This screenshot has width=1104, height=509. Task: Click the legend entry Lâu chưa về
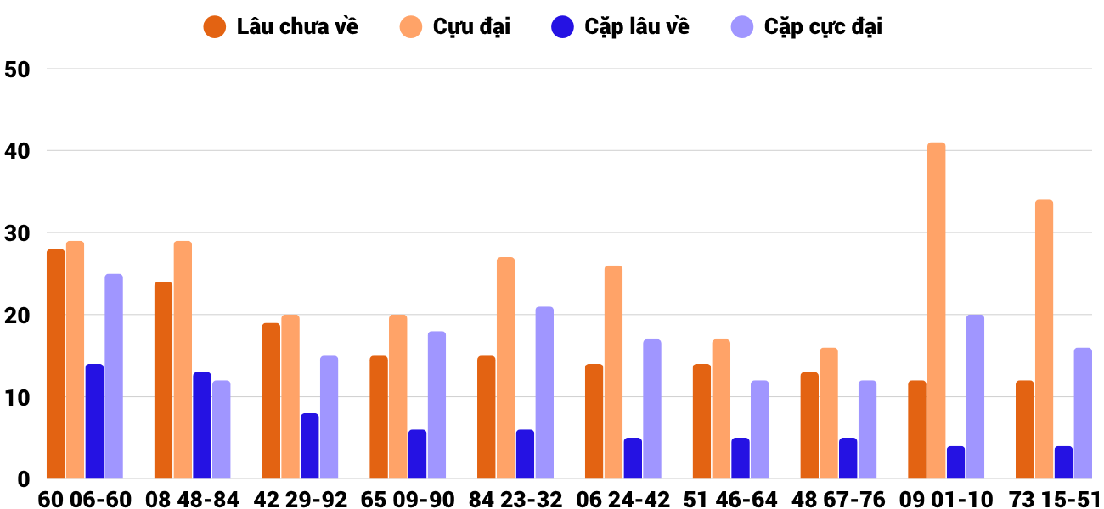[x=280, y=26]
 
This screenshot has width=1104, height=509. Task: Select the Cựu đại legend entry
[x=455, y=26]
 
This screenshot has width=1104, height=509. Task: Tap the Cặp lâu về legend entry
[x=620, y=26]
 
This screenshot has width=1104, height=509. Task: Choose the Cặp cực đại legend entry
[x=806, y=26]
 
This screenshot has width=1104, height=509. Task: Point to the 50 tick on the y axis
[x=17, y=70]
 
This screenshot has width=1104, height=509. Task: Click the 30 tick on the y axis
[x=17, y=233]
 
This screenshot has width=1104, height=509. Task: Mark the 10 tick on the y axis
[x=17, y=398]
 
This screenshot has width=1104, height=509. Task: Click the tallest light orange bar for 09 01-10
[x=937, y=310]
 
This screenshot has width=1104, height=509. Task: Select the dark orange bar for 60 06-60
[x=56, y=364]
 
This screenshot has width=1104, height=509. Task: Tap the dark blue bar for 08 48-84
[x=202, y=425]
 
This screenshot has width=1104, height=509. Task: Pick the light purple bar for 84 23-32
[x=544, y=393]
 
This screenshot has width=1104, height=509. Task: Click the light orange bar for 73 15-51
[x=1045, y=339]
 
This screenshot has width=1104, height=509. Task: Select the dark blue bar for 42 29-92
[x=309, y=446]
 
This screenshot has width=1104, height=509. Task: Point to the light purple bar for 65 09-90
[x=437, y=406]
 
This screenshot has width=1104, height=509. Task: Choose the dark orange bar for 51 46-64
[x=701, y=422]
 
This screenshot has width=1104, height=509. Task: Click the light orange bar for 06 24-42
[x=614, y=372]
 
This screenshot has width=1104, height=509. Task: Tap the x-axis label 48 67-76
[x=838, y=499]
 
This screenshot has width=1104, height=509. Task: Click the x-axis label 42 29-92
[x=300, y=499]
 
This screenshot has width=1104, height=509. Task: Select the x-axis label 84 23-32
[x=515, y=499]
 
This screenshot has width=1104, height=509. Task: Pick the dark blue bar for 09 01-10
[x=955, y=462]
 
